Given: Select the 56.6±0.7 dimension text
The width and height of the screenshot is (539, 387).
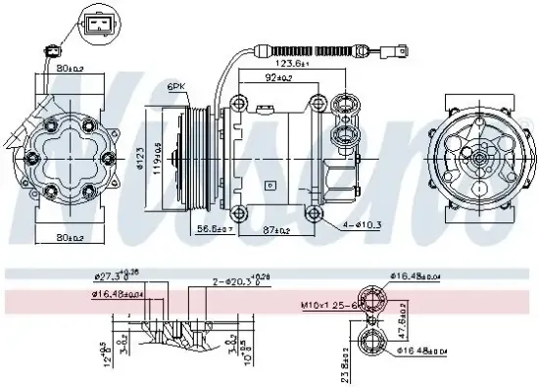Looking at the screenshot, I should pos(214,229).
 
